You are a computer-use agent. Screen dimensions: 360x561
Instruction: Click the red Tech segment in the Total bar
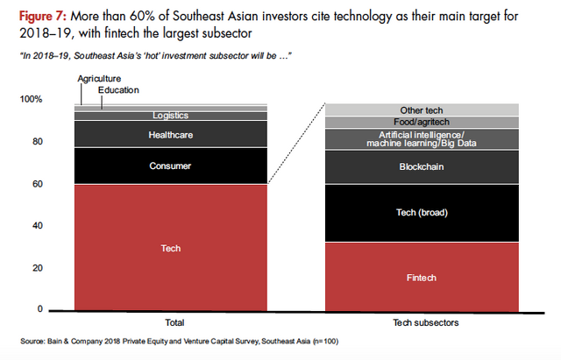coord(170,247)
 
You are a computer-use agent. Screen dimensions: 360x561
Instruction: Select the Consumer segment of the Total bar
coord(170,166)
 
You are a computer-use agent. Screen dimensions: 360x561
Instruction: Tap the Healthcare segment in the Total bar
coord(170,135)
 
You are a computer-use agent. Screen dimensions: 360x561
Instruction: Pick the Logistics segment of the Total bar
coord(170,115)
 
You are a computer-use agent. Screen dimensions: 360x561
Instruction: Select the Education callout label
coord(119,89)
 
